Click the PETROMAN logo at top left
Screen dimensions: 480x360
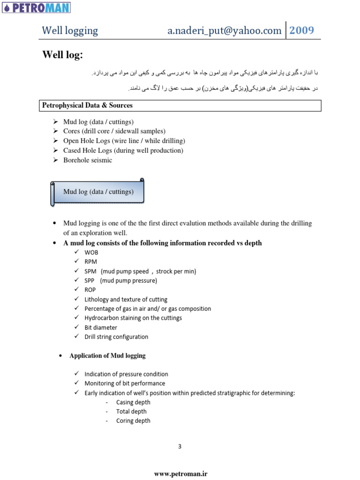pos(36,7)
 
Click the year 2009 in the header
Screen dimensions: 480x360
pos(301,30)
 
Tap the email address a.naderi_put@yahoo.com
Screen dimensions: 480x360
pos(225,31)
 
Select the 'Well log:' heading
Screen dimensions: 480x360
pos(62,55)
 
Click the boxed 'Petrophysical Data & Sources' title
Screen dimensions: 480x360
pos(88,105)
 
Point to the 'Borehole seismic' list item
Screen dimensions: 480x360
pos(88,160)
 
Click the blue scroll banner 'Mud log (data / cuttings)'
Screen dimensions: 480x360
pos(98,192)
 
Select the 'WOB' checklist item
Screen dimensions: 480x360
pos(91,253)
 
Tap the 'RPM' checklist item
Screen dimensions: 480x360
pos(91,262)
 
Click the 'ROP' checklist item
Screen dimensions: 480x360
pos(90,290)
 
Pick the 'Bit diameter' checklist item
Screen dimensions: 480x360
pos(101,328)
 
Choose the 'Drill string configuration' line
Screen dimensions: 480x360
pos(116,337)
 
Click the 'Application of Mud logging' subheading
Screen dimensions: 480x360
pos(107,356)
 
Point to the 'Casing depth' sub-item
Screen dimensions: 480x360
pos(133,403)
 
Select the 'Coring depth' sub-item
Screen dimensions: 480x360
pos(133,421)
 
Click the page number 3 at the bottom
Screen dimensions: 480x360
pos(180,446)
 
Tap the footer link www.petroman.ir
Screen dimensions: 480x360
pos(180,474)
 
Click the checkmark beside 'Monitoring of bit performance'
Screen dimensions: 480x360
pos(76,383)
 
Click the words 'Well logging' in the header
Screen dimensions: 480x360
pos(70,31)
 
